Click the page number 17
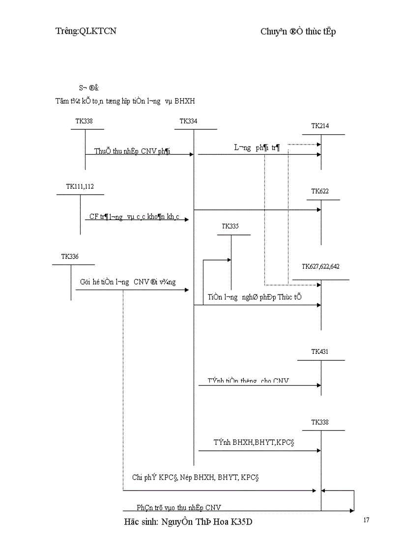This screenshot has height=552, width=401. [x=366, y=520]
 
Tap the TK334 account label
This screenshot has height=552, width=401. [x=189, y=121]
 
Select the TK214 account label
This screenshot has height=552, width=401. [x=320, y=126]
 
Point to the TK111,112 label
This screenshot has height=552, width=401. [x=80, y=186]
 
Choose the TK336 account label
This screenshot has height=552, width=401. [x=70, y=256]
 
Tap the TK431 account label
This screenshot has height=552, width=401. [x=320, y=352]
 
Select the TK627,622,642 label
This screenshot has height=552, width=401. [x=320, y=266]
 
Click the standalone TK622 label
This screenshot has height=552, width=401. [x=320, y=191]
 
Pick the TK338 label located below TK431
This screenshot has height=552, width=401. [x=320, y=422]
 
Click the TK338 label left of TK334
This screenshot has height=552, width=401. [x=84, y=121]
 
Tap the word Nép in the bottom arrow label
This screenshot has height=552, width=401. [x=187, y=477]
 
